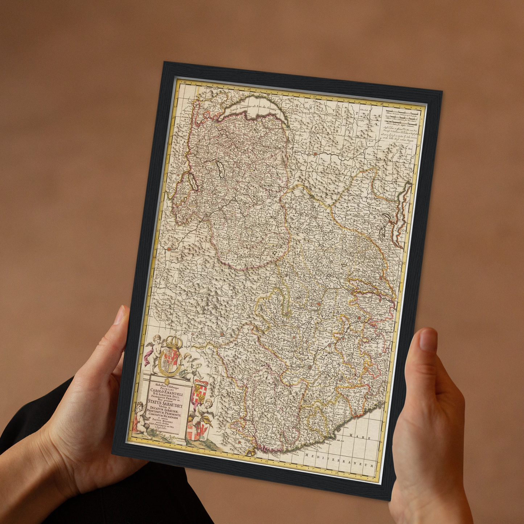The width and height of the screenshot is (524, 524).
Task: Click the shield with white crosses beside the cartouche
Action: (199, 393)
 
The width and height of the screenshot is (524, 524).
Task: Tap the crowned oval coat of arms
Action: (168, 359)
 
